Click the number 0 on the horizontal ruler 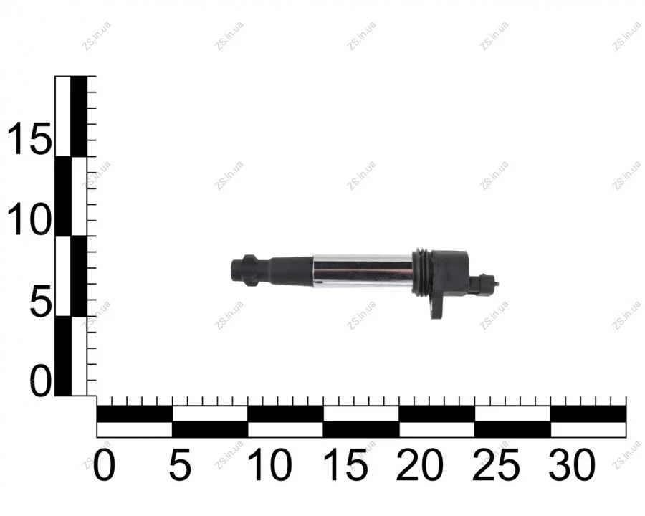coord(105,465)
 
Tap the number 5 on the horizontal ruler coord(180,465)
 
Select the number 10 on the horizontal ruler coord(269,465)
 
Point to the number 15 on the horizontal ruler coord(345,465)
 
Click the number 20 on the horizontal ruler coord(419,465)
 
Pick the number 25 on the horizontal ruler coord(496,465)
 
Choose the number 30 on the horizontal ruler coord(572,465)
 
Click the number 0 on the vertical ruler coord(41,381)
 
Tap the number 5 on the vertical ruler coord(41,301)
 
